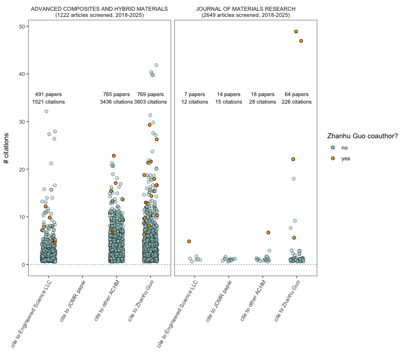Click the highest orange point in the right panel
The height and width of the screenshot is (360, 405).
pyautogui.click(x=296, y=31)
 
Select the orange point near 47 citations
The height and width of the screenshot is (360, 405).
pyautogui.click(x=301, y=41)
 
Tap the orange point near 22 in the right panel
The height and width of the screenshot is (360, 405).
pyautogui.click(x=293, y=159)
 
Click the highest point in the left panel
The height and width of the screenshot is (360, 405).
pyautogui.click(x=156, y=65)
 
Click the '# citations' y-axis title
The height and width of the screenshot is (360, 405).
pyautogui.click(x=7, y=148)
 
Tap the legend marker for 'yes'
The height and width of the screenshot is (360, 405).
pyautogui.click(x=333, y=158)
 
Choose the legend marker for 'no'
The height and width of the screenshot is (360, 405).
pyautogui.click(x=333, y=148)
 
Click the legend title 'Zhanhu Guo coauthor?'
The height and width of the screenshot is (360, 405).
pyautogui.click(x=362, y=136)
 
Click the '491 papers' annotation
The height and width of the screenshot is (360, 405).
pyautogui.click(x=48, y=94)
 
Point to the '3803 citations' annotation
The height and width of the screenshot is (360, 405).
pyautogui.click(x=150, y=102)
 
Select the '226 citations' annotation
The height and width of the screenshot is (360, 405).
pyautogui.click(x=296, y=102)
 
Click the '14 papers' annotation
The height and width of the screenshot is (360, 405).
pyautogui.click(x=229, y=94)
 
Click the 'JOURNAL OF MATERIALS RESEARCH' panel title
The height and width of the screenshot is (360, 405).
pyautogui.click(x=246, y=9)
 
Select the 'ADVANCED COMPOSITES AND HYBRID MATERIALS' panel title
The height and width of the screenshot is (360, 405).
pyautogui.click(x=99, y=9)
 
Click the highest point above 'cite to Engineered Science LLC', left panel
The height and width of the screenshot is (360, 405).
pyautogui.click(x=46, y=111)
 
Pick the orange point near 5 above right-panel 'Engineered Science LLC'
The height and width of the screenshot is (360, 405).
pyautogui.click(x=189, y=241)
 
